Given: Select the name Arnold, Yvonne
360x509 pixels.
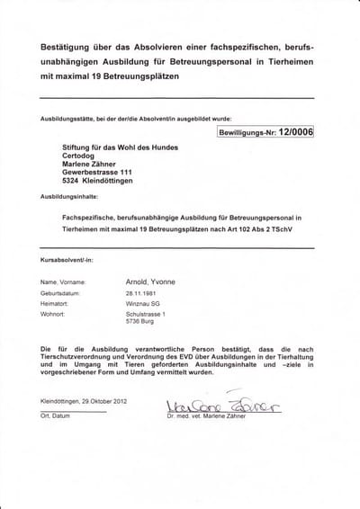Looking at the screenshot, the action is point(150,281).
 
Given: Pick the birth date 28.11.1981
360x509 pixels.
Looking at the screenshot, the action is point(142,293).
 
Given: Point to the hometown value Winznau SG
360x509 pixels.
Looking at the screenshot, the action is point(143,304).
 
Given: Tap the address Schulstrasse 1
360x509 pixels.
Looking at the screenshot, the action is point(146,315).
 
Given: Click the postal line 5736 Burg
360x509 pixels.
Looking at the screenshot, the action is point(140,322).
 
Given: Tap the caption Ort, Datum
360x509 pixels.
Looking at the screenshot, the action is point(57,416).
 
